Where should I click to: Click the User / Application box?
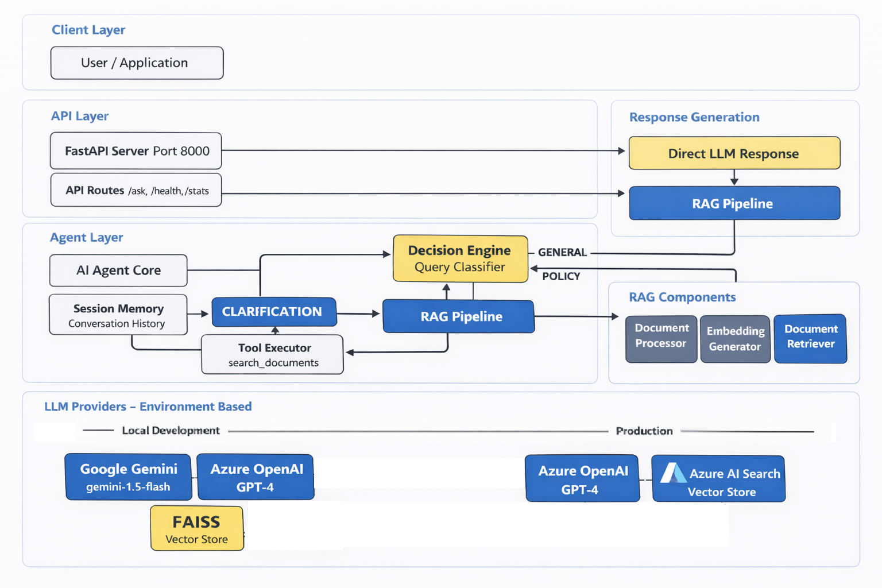coord(137,63)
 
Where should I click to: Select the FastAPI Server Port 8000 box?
coord(136,151)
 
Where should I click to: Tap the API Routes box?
coord(136,190)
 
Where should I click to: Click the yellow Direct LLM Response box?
coord(734,153)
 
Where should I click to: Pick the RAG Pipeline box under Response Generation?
coord(734,203)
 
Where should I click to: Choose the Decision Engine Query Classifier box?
coord(460,258)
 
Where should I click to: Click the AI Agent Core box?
coord(118,270)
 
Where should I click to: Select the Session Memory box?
coord(118,315)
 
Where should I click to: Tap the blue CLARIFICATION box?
coord(273,312)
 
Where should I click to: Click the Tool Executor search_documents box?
coord(273,355)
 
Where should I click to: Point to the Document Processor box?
coord(661,339)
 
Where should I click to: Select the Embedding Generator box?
coord(735,339)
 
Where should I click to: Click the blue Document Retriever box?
coord(810,339)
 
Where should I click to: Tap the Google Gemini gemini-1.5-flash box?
coord(128,477)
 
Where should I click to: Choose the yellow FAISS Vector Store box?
coord(196,528)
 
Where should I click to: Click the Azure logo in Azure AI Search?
coord(672,473)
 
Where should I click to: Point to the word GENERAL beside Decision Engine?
coord(562,252)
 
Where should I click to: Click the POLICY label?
coord(561,276)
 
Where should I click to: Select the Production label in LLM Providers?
coord(644,431)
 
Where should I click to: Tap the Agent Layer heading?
coord(86,237)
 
